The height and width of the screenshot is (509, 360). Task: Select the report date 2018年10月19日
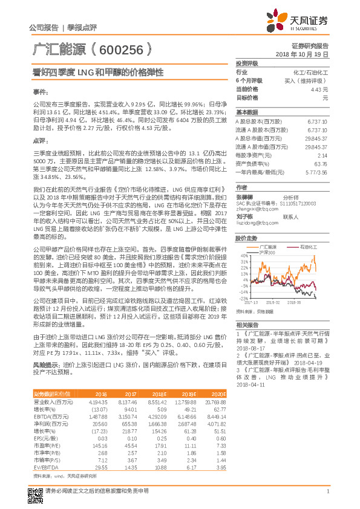[301, 54]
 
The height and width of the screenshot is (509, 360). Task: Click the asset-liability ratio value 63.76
[321, 163]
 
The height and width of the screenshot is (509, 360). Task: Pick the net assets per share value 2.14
[322, 155]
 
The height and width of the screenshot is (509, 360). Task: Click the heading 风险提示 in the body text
[43, 365]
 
